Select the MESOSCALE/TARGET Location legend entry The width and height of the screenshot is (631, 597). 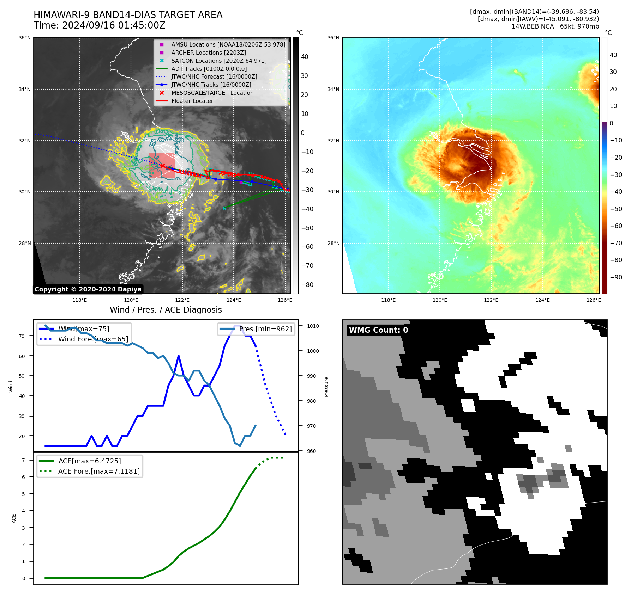point(212,93)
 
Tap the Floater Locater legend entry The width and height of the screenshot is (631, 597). point(192,101)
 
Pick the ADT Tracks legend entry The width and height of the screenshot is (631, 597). point(209,69)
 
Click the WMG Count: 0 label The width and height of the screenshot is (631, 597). point(378,330)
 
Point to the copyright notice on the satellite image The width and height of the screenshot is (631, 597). point(88,289)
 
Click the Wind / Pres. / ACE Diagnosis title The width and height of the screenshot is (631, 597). point(166,310)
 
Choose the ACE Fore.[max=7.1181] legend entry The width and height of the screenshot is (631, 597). point(99,471)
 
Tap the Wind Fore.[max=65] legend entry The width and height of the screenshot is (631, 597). point(93,339)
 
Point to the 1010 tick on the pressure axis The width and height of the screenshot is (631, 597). point(313,326)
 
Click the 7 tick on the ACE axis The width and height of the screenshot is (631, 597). point(24,460)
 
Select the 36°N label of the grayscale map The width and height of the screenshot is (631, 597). point(25,38)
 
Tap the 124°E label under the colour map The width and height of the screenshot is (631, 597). point(542,300)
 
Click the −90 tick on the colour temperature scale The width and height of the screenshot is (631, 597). point(616,277)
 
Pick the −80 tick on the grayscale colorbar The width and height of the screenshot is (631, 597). point(307,285)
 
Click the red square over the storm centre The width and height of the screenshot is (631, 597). point(162,165)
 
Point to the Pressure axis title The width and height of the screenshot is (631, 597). point(326,387)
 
